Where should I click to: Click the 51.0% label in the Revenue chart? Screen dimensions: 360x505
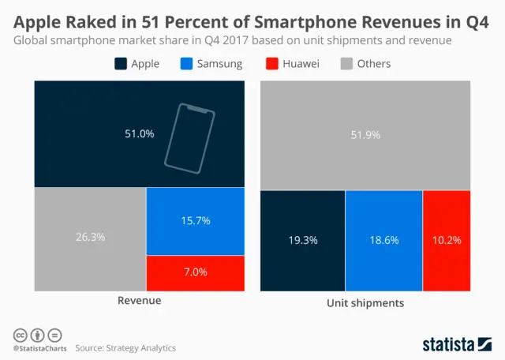[140, 134]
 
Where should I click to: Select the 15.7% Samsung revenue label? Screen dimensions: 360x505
[195, 221]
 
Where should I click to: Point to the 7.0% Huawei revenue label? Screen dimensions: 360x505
[195, 272]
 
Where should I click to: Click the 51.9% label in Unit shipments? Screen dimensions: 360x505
[365, 135]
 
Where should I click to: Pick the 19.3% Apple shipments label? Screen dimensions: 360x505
[303, 240]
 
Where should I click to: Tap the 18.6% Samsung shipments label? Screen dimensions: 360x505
[384, 240]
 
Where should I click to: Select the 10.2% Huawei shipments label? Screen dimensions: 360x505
[447, 240]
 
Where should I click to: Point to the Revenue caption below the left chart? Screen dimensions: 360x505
[140, 301]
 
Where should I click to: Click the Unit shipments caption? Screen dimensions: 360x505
[365, 303]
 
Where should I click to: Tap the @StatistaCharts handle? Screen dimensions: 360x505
[39, 348]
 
